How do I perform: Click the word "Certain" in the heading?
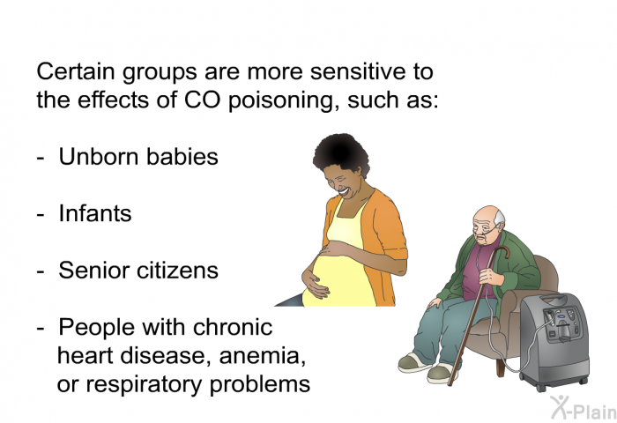point(76,71)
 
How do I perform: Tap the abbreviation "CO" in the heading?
point(202,100)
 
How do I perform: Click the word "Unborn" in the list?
point(99,157)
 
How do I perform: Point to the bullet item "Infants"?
point(95,213)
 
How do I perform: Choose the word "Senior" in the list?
point(94,271)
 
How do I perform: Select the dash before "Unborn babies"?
point(41,159)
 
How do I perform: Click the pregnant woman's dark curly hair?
point(342,154)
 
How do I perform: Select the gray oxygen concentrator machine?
point(554,339)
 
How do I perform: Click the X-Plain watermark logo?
point(584,407)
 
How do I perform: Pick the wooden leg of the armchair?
point(501,367)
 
